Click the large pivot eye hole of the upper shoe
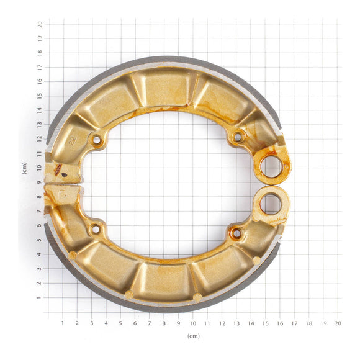click(x=271, y=166)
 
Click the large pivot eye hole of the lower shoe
click(x=271, y=204)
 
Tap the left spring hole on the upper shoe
click(x=97, y=140)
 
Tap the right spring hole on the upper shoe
click(x=237, y=137)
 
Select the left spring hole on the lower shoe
click(x=96, y=230)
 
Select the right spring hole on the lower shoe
click(x=236, y=233)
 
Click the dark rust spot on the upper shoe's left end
click(x=58, y=169)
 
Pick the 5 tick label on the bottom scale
click(x=120, y=323)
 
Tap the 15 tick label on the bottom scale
click(x=265, y=323)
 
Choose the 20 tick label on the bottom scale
click(x=338, y=323)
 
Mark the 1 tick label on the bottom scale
click(x=63, y=323)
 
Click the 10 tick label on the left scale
click(x=40, y=168)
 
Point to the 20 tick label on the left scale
click(x=40, y=24)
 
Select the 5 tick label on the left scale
click(x=40, y=240)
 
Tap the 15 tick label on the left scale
click(x=40, y=96)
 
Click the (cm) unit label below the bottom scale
click(x=193, y=336)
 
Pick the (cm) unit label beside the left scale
click(x=25, y=168)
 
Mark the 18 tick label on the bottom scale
click(x=308, y=323)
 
